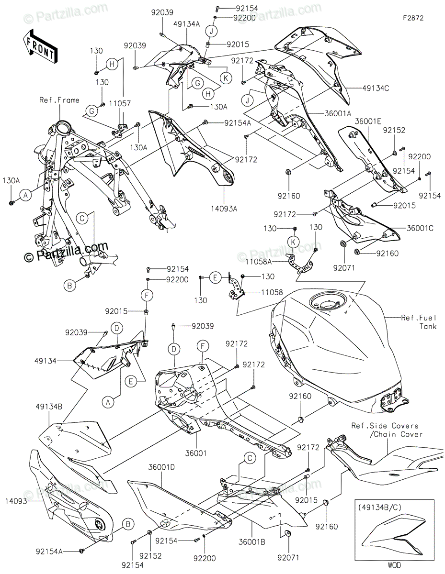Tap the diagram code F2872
(413, 18)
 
